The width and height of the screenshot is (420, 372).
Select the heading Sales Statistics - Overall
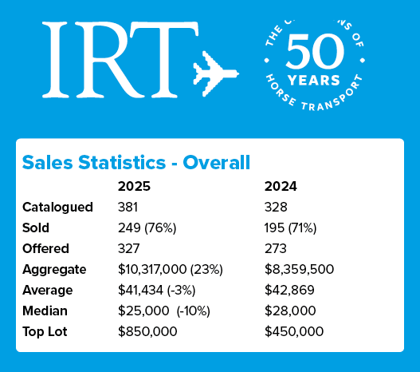(x=136, y=163)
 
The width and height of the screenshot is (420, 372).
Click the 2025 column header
(x=134, y=187)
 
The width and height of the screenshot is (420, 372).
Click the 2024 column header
(x=281, y=187)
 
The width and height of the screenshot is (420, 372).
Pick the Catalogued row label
(x=58, y=208)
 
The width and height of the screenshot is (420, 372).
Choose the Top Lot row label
(x=48, y=331)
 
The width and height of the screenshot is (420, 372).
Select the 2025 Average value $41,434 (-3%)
(x=162, y=290)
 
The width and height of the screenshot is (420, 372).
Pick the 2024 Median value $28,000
(x=290, y=311)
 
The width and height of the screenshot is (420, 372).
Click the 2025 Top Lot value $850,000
(x=147, y=331)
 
